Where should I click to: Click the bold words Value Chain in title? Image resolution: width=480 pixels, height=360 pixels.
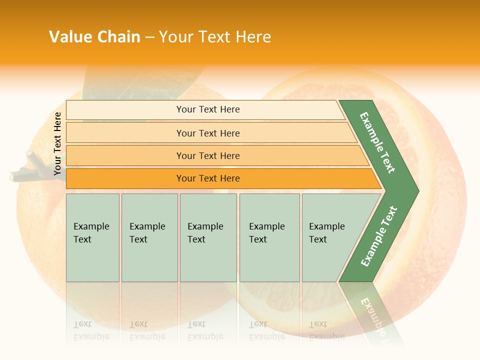coord(94,37)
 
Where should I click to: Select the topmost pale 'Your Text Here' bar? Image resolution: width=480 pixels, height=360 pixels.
coord(207,109)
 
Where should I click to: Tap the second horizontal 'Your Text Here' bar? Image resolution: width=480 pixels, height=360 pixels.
coord(207,133)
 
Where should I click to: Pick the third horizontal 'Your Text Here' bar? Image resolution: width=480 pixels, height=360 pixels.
coord(207,155)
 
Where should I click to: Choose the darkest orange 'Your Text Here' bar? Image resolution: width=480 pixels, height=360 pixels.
coord(207,178)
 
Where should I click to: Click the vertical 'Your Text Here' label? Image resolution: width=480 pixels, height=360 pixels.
coord(58,143)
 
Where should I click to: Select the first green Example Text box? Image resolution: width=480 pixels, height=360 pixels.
coord(92,237)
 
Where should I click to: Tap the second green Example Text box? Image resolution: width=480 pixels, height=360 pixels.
coord(149,237)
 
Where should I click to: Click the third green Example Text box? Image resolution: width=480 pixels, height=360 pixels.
coord(208,237)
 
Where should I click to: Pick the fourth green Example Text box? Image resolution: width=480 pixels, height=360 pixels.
coord(269,237)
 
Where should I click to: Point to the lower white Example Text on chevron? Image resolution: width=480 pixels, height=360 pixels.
coord(379,236)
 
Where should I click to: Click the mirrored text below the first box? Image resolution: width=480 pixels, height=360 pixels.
coord(91,330)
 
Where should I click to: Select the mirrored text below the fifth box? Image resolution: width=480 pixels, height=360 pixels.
coord(326,330)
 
